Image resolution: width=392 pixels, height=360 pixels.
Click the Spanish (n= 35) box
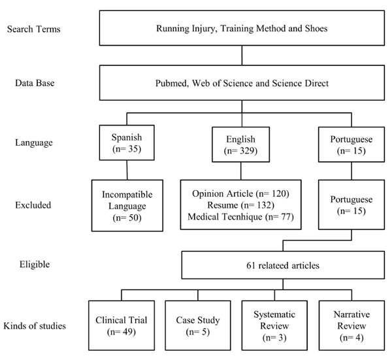coord(127,142)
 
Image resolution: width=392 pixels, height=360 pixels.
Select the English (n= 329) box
coord(240,144)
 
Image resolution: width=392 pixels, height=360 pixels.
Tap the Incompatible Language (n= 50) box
coord(127,206)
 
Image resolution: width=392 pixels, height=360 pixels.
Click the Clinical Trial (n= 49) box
coord(122,325)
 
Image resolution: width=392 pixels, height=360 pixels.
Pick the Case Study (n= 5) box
coord(198,325)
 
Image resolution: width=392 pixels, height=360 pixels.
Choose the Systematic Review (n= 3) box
coord(274,325)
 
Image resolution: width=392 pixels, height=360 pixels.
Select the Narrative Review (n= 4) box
coord(351,325)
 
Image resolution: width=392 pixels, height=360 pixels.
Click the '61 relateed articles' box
coord(283,265)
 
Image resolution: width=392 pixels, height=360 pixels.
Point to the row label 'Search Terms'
coord(34,29)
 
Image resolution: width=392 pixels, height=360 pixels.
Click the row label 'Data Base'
coord(35,83)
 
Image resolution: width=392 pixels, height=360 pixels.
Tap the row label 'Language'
coord(34,142)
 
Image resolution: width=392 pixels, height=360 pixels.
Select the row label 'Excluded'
coord(33,205)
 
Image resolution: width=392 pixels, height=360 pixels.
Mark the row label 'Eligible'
coord(35,264)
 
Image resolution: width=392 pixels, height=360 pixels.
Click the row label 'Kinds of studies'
coord(35,326)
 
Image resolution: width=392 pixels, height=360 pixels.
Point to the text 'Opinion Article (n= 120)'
coord(240,194)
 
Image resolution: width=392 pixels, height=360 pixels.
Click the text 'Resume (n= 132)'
coord(240,205)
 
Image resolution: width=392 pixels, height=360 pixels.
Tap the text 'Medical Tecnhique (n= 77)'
coord(240,216)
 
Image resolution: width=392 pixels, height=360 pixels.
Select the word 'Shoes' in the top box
coord(316,28)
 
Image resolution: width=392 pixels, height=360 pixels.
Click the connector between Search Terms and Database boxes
coord(242,56)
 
